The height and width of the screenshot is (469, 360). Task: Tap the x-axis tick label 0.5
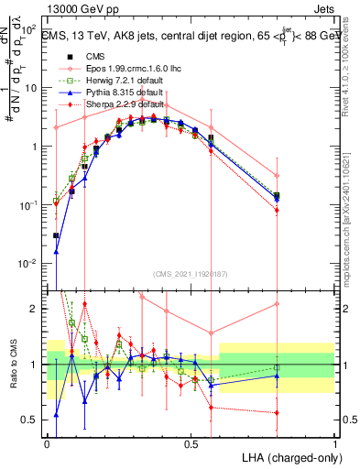pyautogui.click(x=191, y=442)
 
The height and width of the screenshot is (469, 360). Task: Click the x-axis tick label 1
pyautogui.click(x=333, y=442)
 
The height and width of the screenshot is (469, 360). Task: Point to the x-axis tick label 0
pyautogui.click(x=48, y=442)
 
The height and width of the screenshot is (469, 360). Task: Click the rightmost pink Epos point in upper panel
pyautogui.click(x=278, y=175)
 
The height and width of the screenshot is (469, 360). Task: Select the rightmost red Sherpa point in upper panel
pyautogui.click(x=278, y=211)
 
